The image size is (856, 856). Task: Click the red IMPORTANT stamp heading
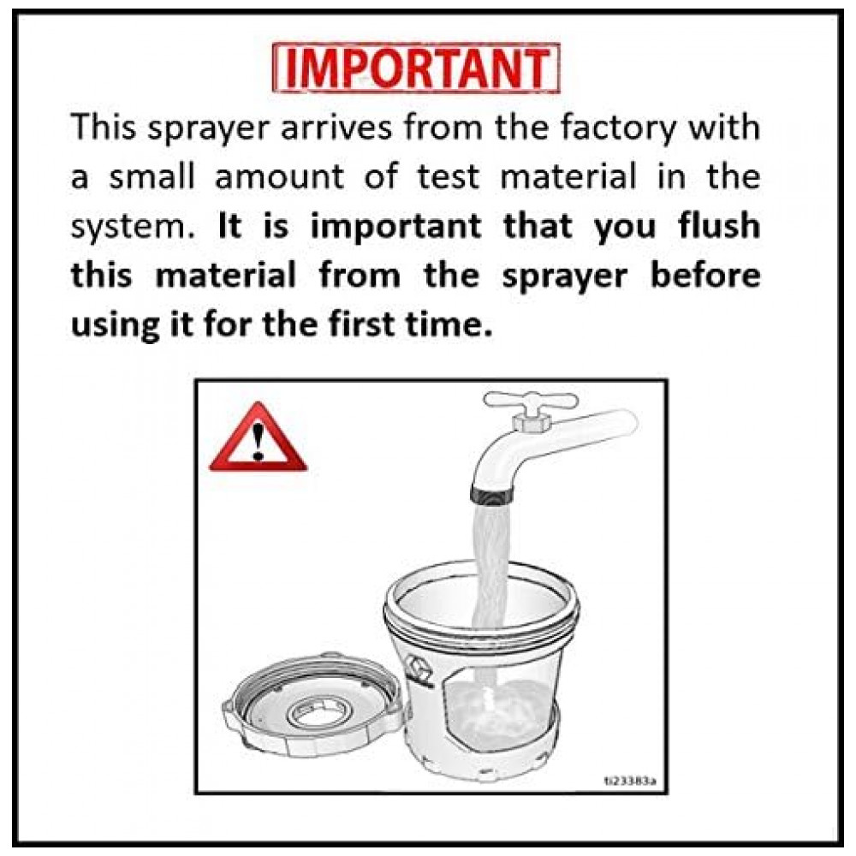[417, 68]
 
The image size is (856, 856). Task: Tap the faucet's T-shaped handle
[531, 405]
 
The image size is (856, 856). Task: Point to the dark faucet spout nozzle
[491, 495]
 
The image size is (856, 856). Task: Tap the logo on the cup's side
[419, 670]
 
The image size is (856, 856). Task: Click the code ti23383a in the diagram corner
[630, 781]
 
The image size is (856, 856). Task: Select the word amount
[280, 176]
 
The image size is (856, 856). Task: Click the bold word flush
[720, 225]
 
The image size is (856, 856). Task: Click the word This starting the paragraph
[104, 127]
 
